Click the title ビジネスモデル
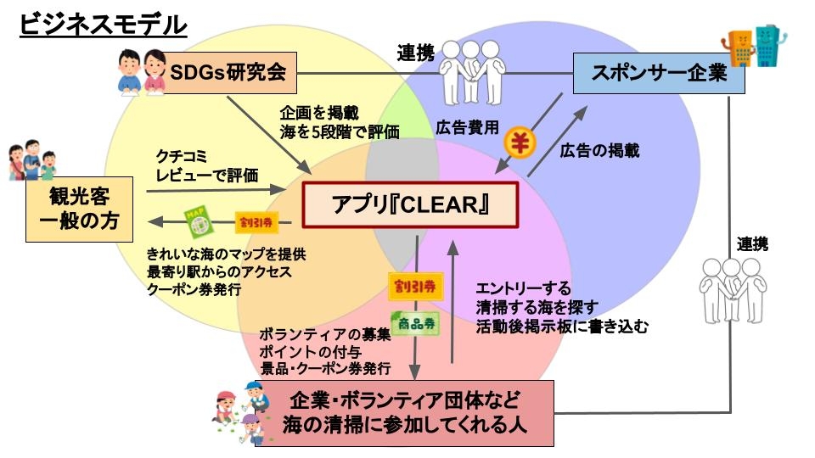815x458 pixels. tap(102, 25)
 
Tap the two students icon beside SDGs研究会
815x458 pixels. tap(140, 71)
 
